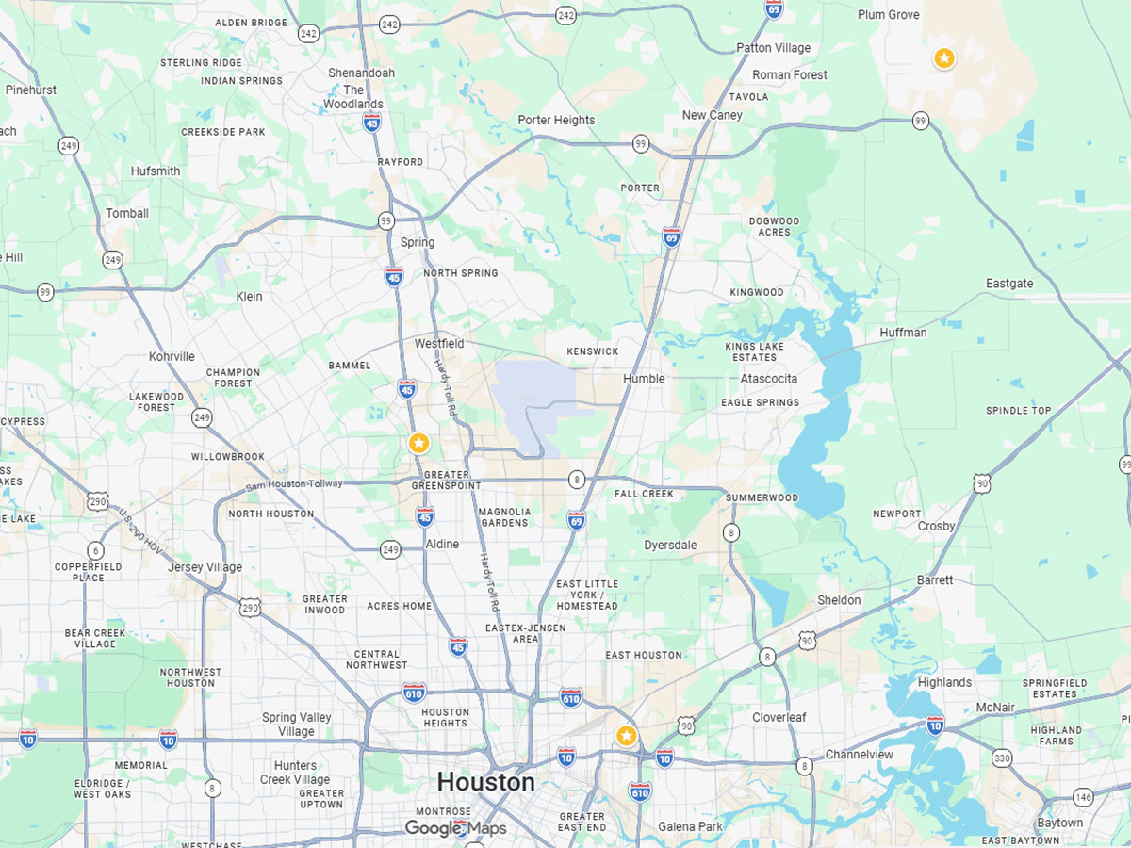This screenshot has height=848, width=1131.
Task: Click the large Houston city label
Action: pyautogui.click(x=485, y=782)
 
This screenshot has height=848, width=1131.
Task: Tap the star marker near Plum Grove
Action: pyautogui.click(x=943, y=58)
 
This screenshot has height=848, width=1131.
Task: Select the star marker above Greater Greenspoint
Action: pyautogui.click(x=419, y=443)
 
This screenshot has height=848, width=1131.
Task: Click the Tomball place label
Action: pyautogui.click(x=127, y=213)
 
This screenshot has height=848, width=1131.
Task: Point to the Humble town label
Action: pyautogui.click(x=644, y=379)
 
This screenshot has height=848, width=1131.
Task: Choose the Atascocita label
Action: pyautogui.click(x=768, y=379)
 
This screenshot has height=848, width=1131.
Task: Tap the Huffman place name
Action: pyautogui.click(x=903, y=333)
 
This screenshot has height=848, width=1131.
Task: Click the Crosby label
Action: pyautogui.click(x=936, y=526)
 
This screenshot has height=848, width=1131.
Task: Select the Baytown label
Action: pyautogui.click(x=1060, y=823)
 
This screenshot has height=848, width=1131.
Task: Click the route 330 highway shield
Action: pyautogui.click(x=1002, y=758)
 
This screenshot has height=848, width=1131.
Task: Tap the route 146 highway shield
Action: pyautogui.click(x=1085, y=797)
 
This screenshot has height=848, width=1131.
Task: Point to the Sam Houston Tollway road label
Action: pyautogui.click(x=294, y=484)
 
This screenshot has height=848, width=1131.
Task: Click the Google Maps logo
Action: pyautogui.click(x=456, y=829)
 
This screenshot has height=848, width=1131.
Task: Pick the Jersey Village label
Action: pyautogui.click(x=205, y=567)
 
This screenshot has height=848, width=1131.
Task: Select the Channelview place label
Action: pyautogui.click(x=859, y=755)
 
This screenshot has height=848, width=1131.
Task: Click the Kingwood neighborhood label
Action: pyautogui.click(x=756, y=292)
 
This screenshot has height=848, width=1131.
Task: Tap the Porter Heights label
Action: pyautogui.click(x=556, y=120)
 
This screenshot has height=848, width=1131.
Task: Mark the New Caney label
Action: pyautogui.click(x=712, y=115)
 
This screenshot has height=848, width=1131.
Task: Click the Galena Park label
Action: pyautogui.click(x=690, y=827)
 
